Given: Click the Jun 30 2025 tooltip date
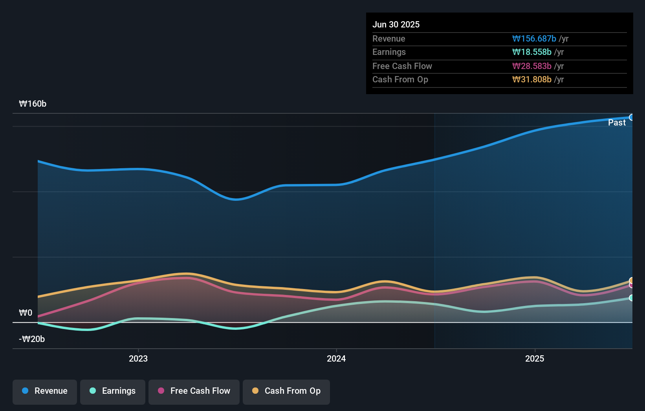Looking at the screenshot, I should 396,24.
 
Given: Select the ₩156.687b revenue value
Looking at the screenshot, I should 534,38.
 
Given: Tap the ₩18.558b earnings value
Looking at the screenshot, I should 531,52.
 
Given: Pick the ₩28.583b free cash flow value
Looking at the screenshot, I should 531,66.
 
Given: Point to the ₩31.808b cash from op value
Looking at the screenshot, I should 531,79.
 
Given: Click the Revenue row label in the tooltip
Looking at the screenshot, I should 388,38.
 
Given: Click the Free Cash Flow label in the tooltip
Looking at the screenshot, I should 402,66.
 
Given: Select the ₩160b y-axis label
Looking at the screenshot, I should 33,104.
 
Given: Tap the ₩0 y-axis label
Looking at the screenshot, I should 26,313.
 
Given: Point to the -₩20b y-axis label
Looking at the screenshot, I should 32,339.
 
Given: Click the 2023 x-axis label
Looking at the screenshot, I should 138,358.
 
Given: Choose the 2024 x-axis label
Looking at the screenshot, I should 336,358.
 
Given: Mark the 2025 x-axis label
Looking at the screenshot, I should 535,358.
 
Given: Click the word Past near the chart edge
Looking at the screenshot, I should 617,122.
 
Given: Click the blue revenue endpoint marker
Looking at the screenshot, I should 631,117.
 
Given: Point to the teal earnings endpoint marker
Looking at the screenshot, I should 631,298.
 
